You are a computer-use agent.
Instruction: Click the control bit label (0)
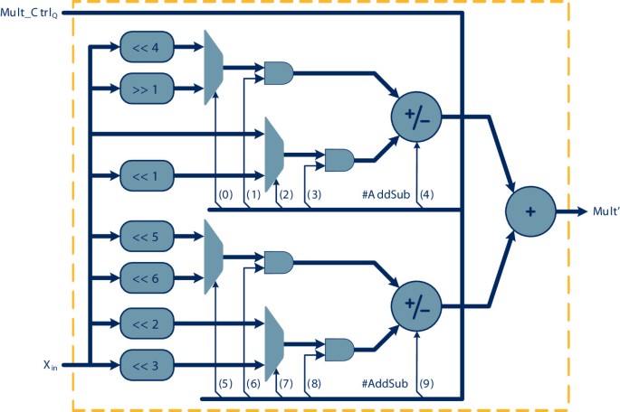click(226, 193)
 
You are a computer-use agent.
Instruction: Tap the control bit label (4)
click(427, 193)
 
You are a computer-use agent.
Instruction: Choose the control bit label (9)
click(427, 384)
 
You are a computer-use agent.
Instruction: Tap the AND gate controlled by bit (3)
click(339, 160)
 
